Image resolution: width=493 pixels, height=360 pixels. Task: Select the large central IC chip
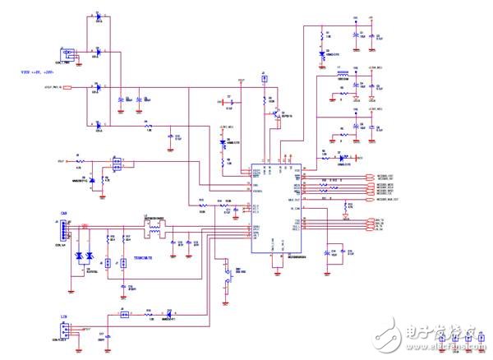[x=275, y=204]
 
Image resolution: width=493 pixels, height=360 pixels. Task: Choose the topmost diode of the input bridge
[x=99, y=16]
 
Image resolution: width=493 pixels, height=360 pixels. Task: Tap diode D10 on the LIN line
[x=169, y=313]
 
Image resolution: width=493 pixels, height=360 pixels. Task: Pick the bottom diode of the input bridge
[x=99, y=124]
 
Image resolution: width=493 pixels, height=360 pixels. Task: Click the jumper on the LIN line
[x=122, y=313]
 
